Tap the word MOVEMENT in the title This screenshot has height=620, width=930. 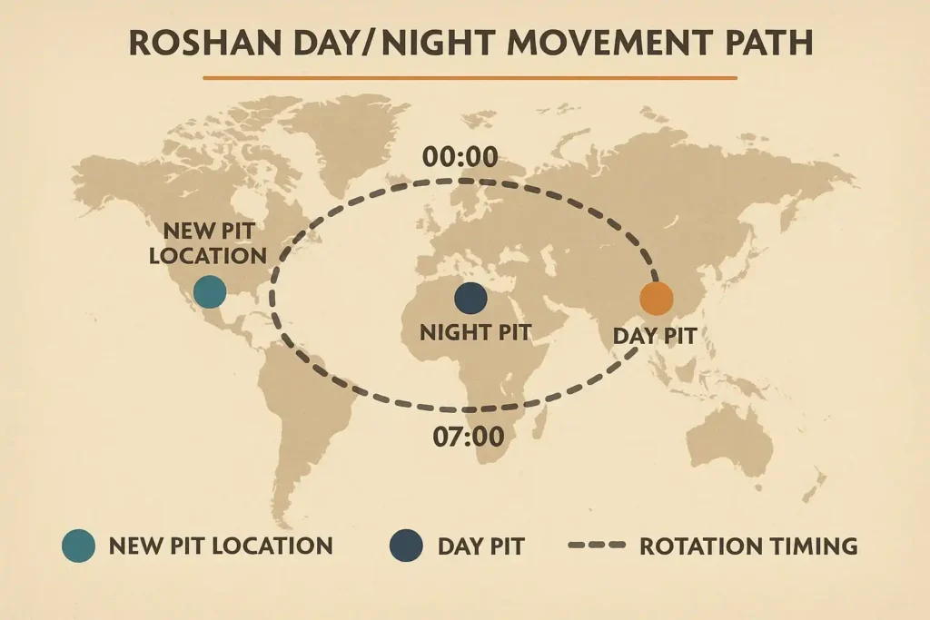603,44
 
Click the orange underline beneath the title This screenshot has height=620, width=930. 470,78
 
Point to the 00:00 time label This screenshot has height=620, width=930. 460,157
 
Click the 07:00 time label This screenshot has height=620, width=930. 469,437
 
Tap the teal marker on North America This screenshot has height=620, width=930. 210,291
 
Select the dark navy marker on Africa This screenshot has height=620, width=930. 471,298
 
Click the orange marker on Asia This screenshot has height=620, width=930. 657,299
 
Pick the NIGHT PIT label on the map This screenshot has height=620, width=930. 476,332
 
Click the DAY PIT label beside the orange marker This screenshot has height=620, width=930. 654,336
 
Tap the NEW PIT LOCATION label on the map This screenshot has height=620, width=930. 208,243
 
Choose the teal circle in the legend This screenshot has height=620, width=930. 78,546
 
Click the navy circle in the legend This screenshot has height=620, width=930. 406,546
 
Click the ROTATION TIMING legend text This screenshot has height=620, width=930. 748,546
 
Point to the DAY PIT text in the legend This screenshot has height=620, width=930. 481,546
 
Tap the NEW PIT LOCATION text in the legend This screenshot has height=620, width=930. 221,546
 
